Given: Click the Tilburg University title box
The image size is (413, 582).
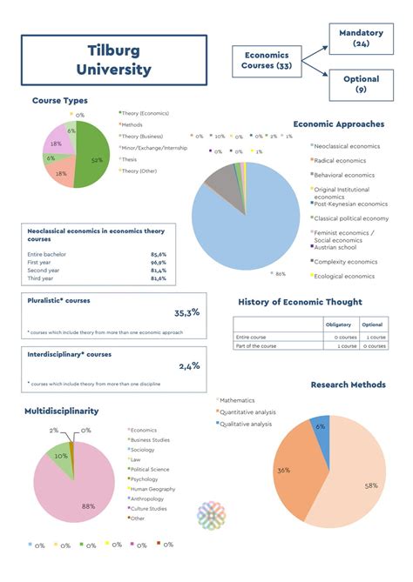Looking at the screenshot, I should [x=113, y=61].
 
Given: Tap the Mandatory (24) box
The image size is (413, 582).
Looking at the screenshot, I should [x=361, y=37].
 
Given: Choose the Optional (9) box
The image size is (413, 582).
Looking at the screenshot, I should [x=361, y=84].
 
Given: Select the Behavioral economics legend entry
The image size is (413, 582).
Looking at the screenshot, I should [x=343, y=175].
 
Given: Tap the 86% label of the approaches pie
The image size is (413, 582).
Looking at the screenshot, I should [x=280, y=274].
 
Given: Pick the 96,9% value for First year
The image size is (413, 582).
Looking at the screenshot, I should [x=158, y=262].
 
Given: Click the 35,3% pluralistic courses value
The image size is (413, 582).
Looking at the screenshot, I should [x=186, y=312].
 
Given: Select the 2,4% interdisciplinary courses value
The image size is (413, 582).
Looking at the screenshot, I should [x=189, y=366].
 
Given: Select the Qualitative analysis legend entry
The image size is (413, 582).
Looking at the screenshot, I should [x=249, y=423].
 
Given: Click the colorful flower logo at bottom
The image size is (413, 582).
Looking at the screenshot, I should [x=212, y=515].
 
